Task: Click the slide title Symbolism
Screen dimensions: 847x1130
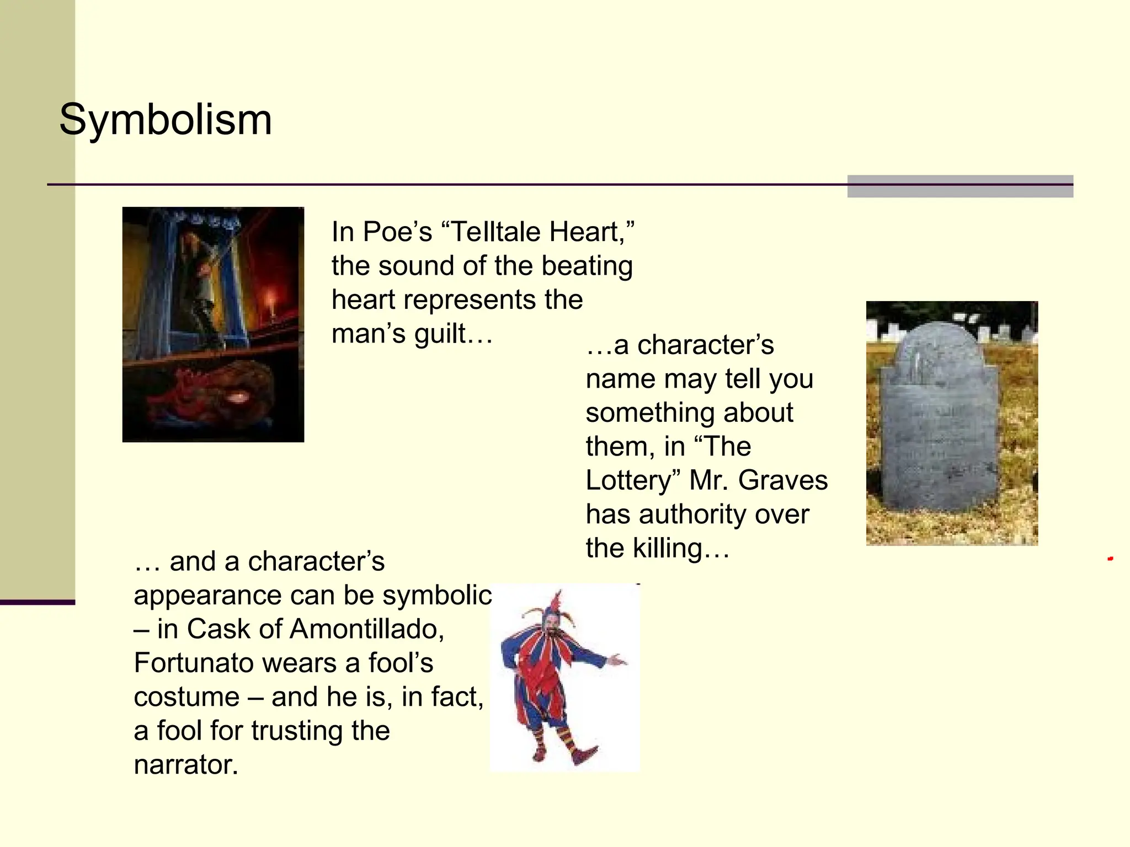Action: pyautogui.click(x=166, y=120)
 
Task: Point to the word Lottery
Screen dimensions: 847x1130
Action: pyautogui.click(x=629, y=480)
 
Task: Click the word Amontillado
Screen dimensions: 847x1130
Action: pyautogui.click(x=364, y=629)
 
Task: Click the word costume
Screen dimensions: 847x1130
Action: pyautogui.click(x=186, y=697)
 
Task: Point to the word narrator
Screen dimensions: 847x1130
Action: pyautogui.click(x=186, y=765)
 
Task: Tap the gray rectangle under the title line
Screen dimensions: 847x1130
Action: pyautogui.click(x=960, y=187)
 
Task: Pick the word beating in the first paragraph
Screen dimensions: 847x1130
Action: pyautogui.click(x=587, y=266)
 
